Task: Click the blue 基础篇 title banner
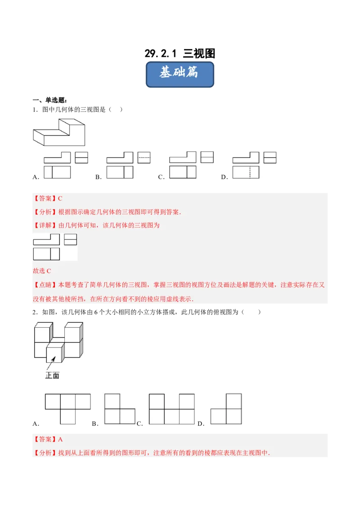pyautogui.click(x=180, y=75)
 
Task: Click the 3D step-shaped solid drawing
pyautogui.click(x=58, y=131)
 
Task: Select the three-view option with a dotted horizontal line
pyautogui.click(x=128, y=165)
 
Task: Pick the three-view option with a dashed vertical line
pyautogui.click(x=254, y=165)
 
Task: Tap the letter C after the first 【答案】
pyautogui.click(x=60, y=198)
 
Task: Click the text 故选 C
pyautogui.click(x=42, y=271)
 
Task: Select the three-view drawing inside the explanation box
pyautogui.click(x=55, y=247)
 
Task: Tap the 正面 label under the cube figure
pyautogui.click(x=52, y=375)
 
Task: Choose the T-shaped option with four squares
pyautogui.click(x=67, y=408)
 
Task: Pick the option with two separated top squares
pyautogui.click(x=171, y=408)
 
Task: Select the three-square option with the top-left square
pyautogui.click(x=120, y=408)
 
